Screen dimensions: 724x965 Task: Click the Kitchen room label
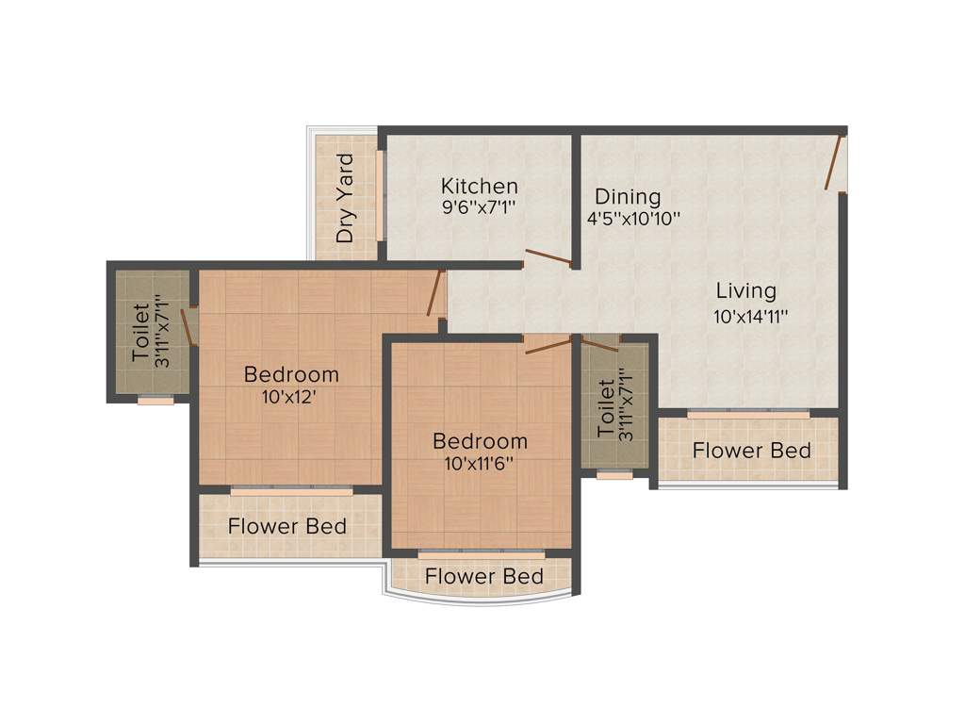pos(480,187)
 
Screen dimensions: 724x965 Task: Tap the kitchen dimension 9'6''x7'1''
pos(480,206)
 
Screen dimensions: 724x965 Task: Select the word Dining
pos(627,197)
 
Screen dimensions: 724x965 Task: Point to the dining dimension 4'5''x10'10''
pos(633,217)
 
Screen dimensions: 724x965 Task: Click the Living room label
pos(745,290)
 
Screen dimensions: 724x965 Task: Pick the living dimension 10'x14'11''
pos(750,317)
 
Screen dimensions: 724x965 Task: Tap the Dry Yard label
pos(346,198)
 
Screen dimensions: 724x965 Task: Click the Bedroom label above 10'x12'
pos(291,374)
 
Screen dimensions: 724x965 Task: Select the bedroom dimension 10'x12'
pos(288,397)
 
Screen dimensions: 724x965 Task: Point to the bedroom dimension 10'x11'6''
pos(479,464)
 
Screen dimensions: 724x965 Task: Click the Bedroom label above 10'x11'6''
pos(480,441)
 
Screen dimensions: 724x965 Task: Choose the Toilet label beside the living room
pos(606,407)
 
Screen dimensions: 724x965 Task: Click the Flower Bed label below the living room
pos(751,451)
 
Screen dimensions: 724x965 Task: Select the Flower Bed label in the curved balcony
pos(483,576)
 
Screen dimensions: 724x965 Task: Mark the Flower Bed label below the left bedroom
pos(287,526)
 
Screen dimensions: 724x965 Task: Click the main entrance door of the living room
pos(834,162)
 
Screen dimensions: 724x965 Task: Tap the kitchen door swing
pos(548,256)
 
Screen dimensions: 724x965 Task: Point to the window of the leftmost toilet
pos(155,401)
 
